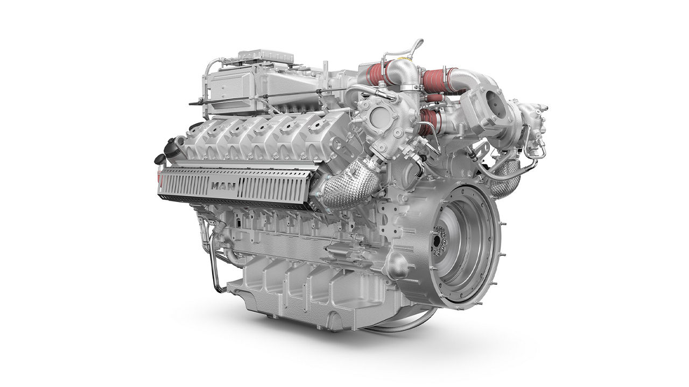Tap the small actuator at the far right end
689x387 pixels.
[536, 116]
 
